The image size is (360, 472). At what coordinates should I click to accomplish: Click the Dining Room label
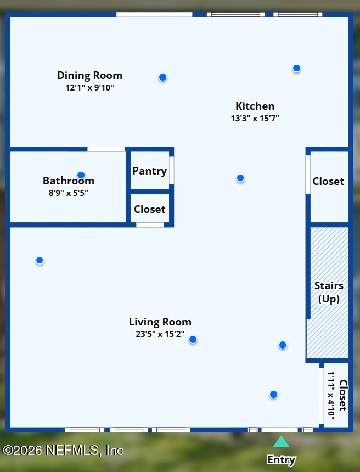click(x=89, y=76)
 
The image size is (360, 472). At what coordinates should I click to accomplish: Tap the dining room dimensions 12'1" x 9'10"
click(x=89, y=88)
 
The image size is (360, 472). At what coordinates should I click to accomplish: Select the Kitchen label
click(x=255, y=106)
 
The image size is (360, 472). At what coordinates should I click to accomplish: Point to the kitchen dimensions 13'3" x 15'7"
click(x=255, y=118)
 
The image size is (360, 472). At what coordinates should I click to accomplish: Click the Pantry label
click(x=150, y=171)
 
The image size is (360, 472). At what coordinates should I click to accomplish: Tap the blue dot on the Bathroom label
click(x=81, y=175)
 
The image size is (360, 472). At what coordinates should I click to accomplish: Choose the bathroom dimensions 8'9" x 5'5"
click(x=69, y=193)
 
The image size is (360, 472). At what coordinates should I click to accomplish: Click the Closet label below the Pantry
click(x=150, y=209)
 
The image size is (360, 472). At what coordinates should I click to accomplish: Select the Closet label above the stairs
click(x=328, y=181)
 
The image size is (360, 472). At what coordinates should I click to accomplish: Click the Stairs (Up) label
click(x=329, y=293)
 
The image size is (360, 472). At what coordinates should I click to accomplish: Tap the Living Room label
click(x=160, y=322)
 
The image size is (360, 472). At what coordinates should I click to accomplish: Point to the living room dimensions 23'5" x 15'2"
click(x=160, y=334)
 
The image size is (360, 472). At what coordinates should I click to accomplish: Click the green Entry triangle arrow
click(x=281, y=442)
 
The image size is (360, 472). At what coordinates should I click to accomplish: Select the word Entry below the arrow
click(x=282, y=460)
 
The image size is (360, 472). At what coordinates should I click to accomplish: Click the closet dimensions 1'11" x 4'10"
click(x=331, y=396)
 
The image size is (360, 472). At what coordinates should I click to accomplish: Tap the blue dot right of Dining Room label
click(x=163, y=77)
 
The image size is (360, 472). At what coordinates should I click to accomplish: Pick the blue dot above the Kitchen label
click(x=296, y=69)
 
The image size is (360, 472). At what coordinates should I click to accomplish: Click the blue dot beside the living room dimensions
click(x=193, y=340)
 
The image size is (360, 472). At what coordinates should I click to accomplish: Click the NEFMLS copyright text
click(x=63, y=451)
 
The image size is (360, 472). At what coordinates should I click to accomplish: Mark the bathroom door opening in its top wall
click(x=106, y=149)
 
